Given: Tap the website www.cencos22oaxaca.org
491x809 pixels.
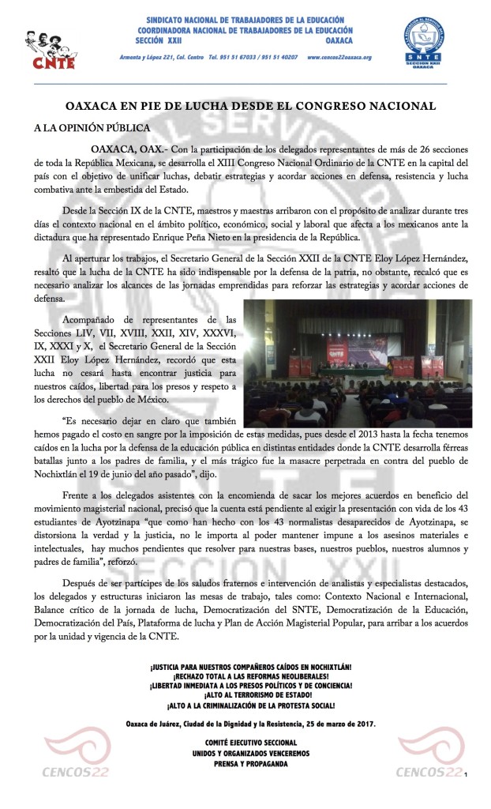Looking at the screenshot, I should click(x=339, y=58).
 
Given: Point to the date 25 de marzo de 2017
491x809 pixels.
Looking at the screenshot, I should click(x=335, y=724).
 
